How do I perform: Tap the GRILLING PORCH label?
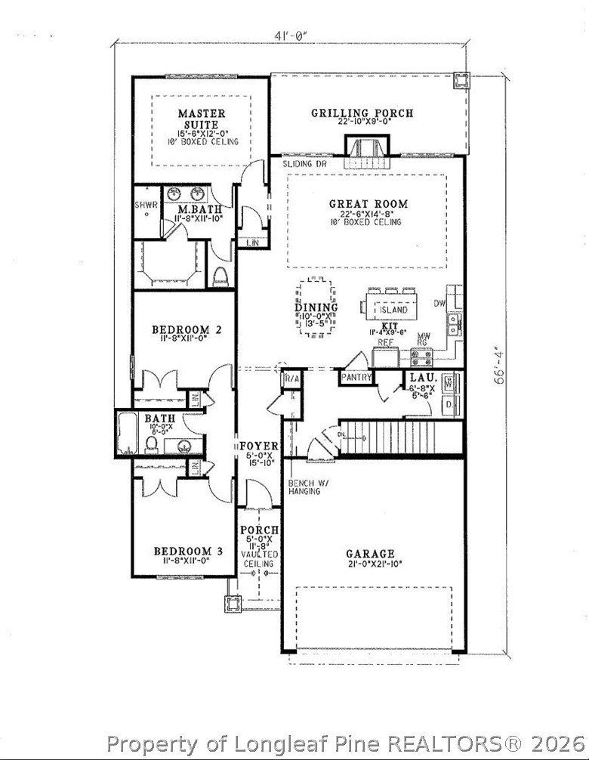(x=362, y=113)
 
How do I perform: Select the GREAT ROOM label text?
(x=368, y=203)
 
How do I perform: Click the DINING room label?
(x=316, y=307)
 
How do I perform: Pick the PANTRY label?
(x=354, y=376)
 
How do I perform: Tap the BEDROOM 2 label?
(x=186, y=329)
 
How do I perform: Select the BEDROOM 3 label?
(x=187, y=551)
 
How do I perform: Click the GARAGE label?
(x=370, y=553)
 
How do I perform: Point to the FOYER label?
(x=259, y=446)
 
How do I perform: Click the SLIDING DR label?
(x=303, y=163)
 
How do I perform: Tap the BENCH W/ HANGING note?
(x=305, y=487)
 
